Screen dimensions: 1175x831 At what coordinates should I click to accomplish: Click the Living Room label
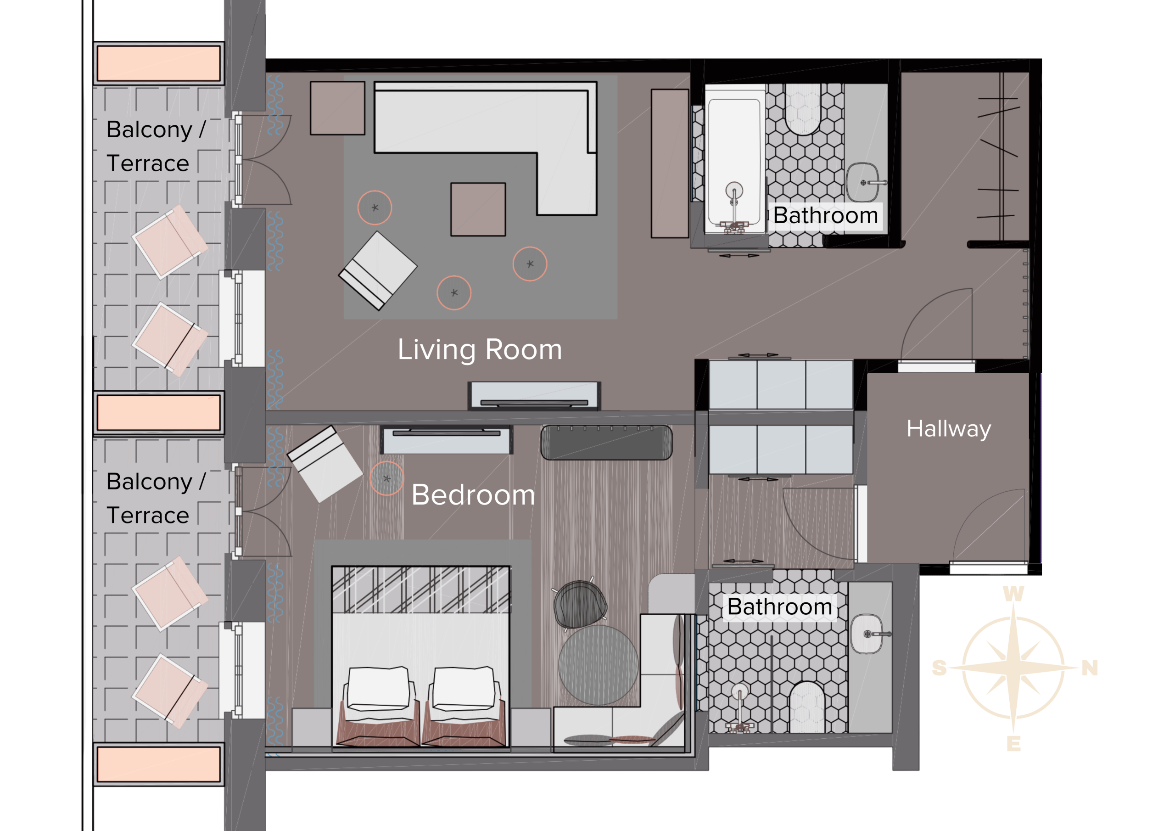[x=480, y=350]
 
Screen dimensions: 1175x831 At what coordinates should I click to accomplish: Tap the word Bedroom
[x=473, y=495]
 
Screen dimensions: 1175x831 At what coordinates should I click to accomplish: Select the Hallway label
[x=949, y=428]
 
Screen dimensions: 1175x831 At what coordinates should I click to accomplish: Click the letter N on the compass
[x=1090, y=668]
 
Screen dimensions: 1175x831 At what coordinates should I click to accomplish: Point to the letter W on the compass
[x=1013, y=594]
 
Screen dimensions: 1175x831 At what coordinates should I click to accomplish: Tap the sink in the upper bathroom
[x=863, y=182]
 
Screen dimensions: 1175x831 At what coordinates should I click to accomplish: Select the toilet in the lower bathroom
[x=807, y=707]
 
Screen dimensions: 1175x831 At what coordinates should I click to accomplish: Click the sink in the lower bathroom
[x=867, y=634]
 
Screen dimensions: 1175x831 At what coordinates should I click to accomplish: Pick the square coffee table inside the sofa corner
[x=478, y=209]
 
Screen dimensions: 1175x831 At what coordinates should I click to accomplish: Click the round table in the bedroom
[x=599, y=665]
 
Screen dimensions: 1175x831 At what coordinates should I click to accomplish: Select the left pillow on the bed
[x=379, y=688]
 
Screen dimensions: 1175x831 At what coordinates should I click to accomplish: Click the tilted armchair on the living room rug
[x=378, y=270]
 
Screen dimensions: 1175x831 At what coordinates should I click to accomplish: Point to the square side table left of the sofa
[x=338, y=108]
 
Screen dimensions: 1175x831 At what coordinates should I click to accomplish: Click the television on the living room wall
[x=534, y=396]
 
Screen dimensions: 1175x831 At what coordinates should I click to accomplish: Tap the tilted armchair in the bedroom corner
[x=325, y=464]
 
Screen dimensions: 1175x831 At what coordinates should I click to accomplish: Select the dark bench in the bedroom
[x=606, y=443]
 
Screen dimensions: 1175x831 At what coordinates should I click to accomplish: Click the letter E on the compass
[x=1013, y=743]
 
